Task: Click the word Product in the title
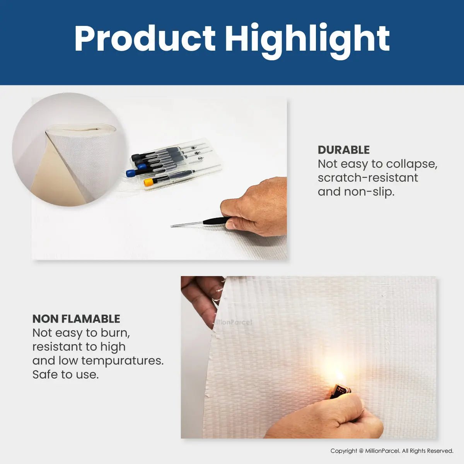point(145,38)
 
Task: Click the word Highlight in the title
point(307,41)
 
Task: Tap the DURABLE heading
point(344,150)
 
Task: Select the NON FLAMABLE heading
point(76,319)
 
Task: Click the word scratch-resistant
point(368,178)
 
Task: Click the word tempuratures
point(122,361)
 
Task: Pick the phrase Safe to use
point(65,375)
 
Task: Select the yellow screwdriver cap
point(148,182)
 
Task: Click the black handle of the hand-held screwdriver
point(217,220)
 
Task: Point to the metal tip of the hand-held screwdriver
point(171,226)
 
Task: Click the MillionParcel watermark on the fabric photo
point(232,322)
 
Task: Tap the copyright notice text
point(392,450)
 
